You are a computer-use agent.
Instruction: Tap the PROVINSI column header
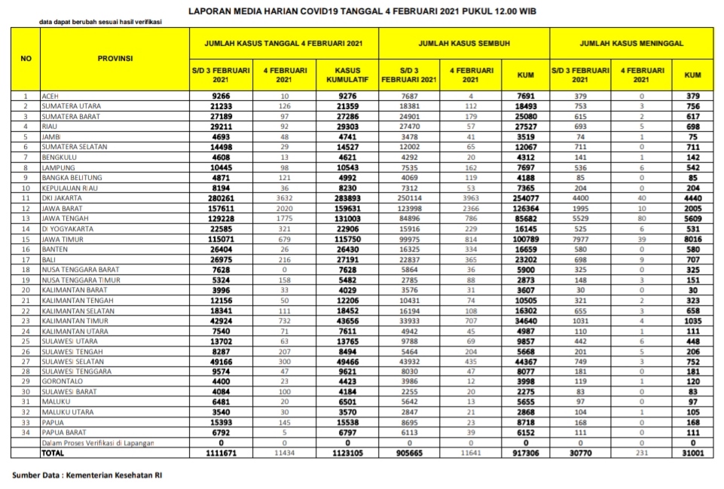[x=115, y=58]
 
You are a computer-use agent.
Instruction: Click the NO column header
[x=26, y=58]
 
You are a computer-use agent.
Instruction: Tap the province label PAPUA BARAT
[x=64, y=434]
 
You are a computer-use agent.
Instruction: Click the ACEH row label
[x=51, y=96]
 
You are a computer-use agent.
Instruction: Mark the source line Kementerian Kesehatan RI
[x=87, y=475]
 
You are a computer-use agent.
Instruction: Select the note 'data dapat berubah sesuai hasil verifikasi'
[x=100, y=22]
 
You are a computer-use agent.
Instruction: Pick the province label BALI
[x=50, y=259]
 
